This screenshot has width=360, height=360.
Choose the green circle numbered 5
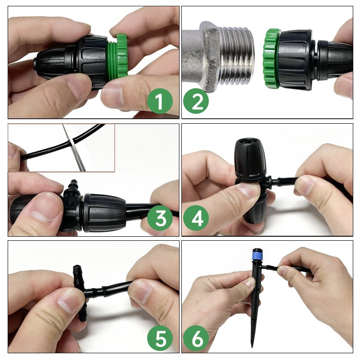[x=160, y=338]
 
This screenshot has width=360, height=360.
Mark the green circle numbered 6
[x=196, y=338]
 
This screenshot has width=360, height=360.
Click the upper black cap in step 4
[x=251, y=160]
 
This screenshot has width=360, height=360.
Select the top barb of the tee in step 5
[x=77, y=272]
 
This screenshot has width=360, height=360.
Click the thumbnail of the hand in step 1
[x=112, y=97]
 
